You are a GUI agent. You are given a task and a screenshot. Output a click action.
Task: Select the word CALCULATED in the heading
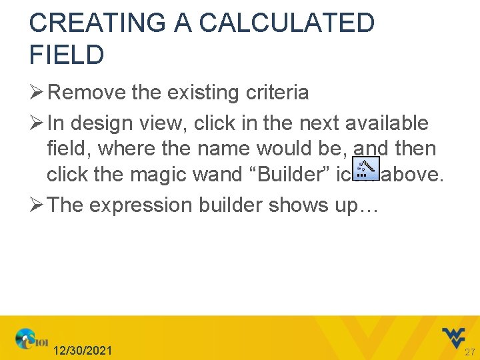[287, 23]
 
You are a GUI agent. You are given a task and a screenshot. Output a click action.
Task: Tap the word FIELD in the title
[67, 55]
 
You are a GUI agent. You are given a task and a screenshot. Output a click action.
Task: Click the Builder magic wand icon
[366, 169]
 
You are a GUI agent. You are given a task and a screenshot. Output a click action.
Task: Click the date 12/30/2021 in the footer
[83, 351]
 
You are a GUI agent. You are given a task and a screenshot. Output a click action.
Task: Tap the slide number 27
[469, 352]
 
